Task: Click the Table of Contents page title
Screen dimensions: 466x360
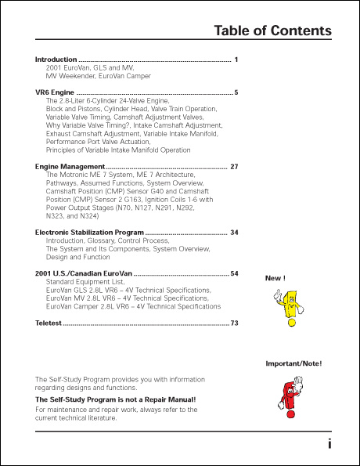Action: pos(272,31)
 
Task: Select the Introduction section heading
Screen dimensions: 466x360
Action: pos(56,60)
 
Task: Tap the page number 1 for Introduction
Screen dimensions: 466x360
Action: pos(236,60)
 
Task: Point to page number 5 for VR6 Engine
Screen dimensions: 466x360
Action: pos(236,92)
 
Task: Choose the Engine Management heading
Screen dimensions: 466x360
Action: pos(70,167)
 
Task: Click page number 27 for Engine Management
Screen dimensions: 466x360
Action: pos(234,167)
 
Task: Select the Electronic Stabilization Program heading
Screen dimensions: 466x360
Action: pos(89,233)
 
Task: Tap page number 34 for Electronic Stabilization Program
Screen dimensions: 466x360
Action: pos(234,233)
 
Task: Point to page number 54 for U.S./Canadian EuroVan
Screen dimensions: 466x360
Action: pos(234,273)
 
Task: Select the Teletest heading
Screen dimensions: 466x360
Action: pos(48,323)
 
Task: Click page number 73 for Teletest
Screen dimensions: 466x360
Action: pos(234,323)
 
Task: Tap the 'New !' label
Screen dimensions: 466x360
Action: pos(275,278)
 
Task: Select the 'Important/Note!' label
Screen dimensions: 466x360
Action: pos(293,363)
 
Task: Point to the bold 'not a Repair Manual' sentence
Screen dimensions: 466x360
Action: pos(116,399)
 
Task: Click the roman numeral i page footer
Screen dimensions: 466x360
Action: pos(329,443)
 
